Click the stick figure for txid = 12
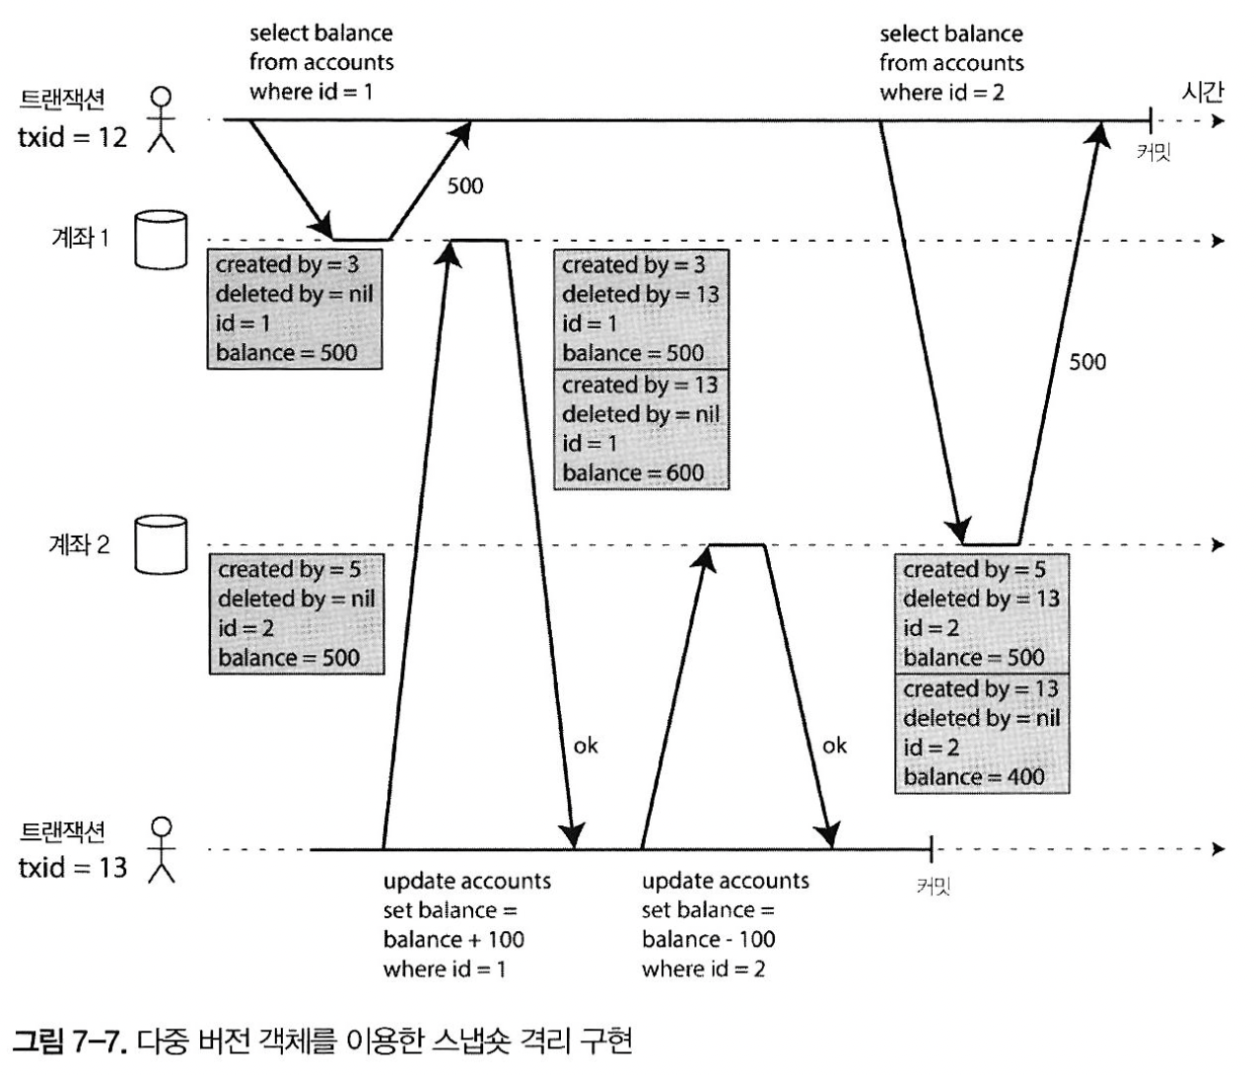pyautogui.click(x=161, y=120)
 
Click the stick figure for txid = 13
pyautogui.click(x=161, y=849)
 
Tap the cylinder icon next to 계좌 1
pyautogui.click(x=160, y=239)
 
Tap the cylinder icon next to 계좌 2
pyautogui.click(x=160, y=543)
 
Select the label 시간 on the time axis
pyautogui.click(x=1202, y=93)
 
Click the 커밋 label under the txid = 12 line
pyautogui.click(x=1152, y=152)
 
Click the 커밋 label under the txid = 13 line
pyautogui.click(x=933, y=886)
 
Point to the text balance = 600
pyautogui.click(x=633, y=472)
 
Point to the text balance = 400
pyautogui.click(x=974, y=777)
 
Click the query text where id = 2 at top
pyautogui.click(x=942, y=93)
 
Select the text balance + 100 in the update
pyautogui.click(x=454, y=939)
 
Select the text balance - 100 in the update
pyautogui.click(x=708, y=939)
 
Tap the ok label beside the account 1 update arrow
pyautogui.click(x=586, y=745)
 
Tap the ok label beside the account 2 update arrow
pyautogui.click(x=834, y=745)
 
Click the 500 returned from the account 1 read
pyautogui.click(x=465, y=185)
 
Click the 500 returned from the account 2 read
pyautogui.click(x=1087, y=362)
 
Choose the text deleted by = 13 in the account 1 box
pyautogui.click(x=641, y=294)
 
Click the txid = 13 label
pyautogui.click(x=73, y=867)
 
